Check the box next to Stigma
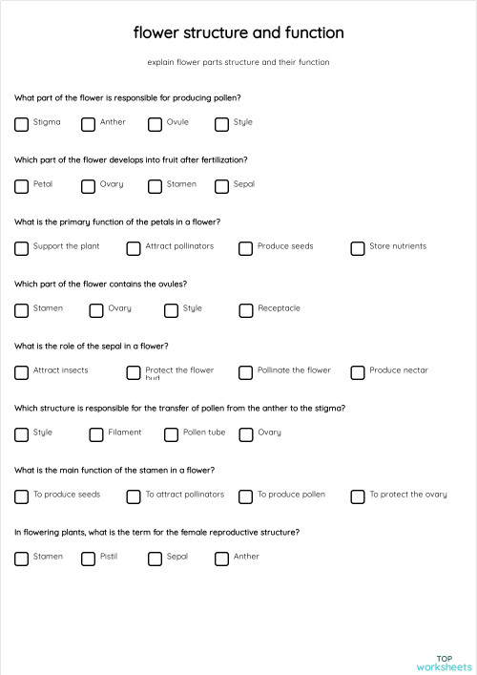[x=21, y=124]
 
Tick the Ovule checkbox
[x=155, y=124]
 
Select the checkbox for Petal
[x=21, y=186]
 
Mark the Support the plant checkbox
[x=21, y=248]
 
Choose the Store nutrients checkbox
[x=358, y=248]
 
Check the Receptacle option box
[x=245, y=310]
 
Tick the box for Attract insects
[x=21, y=372]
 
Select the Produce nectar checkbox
[x=358, y=372]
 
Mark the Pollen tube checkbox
[x=171, y=434]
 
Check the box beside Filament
[x=96, y=434]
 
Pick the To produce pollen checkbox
[x=245, y=496]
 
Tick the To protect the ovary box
[x=358, y=496]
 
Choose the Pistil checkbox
[x=88, y=559]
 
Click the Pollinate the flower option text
[x=294, y=370]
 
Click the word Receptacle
[x=279, y=308]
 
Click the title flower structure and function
[x=238, y=33]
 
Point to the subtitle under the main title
[x=238, y=62]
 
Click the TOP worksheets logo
[x=444, y=663]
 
